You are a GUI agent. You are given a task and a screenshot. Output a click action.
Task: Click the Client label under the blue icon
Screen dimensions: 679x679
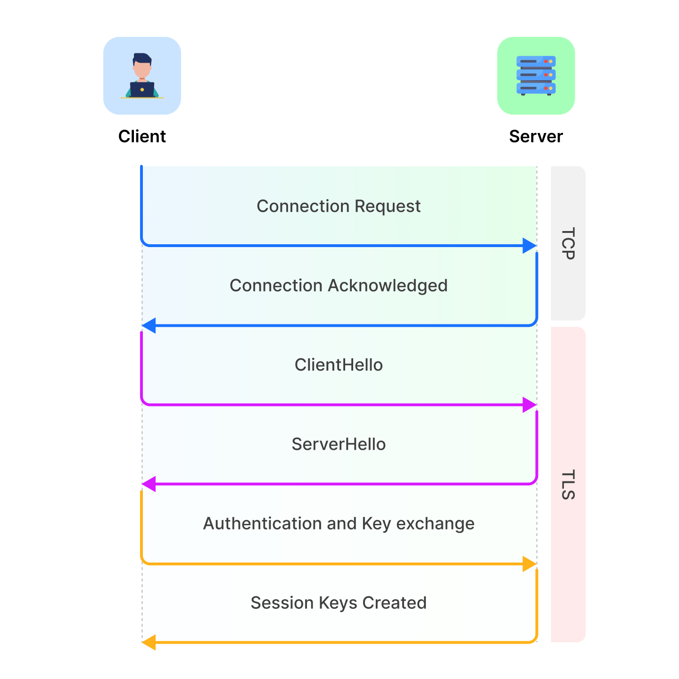142,136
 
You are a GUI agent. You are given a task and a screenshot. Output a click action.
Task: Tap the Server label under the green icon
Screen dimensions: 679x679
536,136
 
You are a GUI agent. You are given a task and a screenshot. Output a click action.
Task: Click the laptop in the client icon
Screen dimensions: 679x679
142,90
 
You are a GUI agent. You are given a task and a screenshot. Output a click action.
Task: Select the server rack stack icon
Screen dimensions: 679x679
536,75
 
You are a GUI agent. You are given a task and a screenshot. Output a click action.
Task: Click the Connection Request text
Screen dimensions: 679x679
339,206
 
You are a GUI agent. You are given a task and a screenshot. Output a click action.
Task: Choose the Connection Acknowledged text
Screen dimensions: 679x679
339,285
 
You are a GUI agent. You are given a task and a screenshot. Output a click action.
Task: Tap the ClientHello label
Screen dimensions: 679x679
339,364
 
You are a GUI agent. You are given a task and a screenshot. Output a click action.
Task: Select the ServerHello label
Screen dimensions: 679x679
339,444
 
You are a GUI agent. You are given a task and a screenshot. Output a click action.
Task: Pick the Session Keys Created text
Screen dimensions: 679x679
339,603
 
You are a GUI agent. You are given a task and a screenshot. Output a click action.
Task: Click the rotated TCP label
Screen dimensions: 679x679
568,243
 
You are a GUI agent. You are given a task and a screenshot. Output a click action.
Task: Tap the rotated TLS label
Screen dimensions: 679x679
568,484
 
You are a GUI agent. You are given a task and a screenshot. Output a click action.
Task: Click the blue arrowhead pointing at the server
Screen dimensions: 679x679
530,246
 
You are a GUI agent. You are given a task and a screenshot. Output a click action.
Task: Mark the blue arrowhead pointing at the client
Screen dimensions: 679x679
149,325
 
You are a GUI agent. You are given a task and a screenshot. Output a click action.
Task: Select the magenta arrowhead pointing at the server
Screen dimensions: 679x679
530,405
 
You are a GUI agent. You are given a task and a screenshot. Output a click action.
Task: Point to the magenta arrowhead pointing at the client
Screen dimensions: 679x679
149,484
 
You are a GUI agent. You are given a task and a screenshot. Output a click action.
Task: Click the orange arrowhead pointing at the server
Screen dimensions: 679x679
530,563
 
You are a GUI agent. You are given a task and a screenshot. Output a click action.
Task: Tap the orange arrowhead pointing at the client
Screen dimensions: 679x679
149,642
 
